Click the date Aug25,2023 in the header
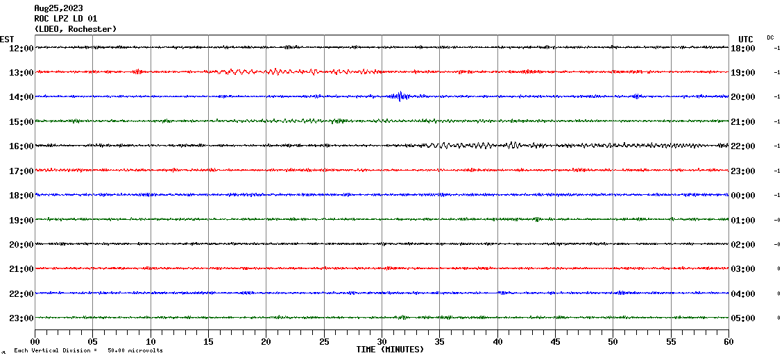(x=58, y=8)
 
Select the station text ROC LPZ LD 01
(x=65, y=19)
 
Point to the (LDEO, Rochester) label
(x=75, y=29)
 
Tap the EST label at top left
(x=7, y=39)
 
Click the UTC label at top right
(x=745, y=39)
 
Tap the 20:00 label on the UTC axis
(x=742, y=97)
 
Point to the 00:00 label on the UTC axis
(x=742, y=196)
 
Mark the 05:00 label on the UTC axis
(x=742, y=318)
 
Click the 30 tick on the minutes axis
(x=382, y=341)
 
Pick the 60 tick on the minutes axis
(x=728, y=341)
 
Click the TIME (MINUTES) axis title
(x=390, y=350)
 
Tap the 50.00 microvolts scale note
(x=135, y=350)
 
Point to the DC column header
(x=770, y=37)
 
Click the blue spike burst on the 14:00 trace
(x=400, y=96)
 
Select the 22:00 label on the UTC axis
(x=742, y=146)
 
